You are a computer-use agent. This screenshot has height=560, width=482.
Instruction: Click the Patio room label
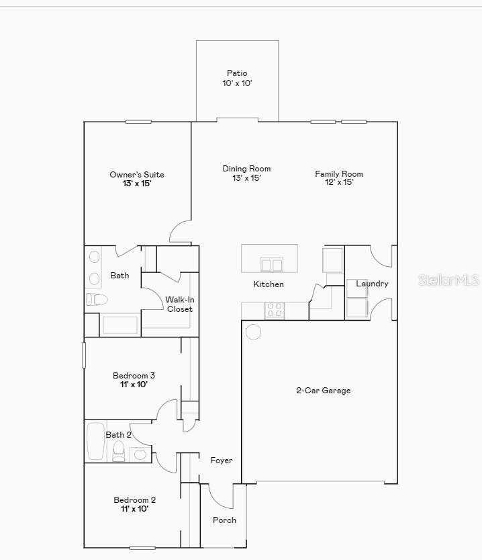[x=237, y=73]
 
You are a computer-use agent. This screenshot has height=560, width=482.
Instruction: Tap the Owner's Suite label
[x=137, y=175]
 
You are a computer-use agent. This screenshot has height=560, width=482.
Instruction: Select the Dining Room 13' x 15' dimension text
[x=246, y=178]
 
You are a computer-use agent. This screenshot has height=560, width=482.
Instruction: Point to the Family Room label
[x=339, y=174]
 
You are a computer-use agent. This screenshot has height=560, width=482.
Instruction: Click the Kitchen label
[x=269, y=284]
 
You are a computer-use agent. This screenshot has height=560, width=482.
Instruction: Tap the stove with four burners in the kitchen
[x=275, y=309]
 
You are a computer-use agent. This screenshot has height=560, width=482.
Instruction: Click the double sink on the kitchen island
[x=272, y=264]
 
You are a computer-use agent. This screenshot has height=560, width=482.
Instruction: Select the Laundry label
[x=372, y=284]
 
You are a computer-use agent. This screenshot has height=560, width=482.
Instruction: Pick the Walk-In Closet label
[x=179, y=304]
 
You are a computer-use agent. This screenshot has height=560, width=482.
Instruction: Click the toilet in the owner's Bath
[x=97, y=299]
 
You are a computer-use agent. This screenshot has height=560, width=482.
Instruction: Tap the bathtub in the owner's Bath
[x=119, y=325]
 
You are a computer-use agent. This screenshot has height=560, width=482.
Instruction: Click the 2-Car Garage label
[x=324, y=391]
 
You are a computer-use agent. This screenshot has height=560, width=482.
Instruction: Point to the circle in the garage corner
[x=254, y=331]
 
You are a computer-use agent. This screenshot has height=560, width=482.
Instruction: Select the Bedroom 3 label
[x=134, y=376]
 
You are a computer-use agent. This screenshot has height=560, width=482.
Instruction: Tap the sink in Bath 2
[x=140, y=454]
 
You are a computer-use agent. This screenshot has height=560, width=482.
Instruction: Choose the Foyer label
[x=222, y=461]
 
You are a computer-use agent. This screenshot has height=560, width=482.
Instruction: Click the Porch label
[x=224, y=520]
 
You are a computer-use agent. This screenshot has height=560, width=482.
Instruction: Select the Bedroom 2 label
[x=134, y=500]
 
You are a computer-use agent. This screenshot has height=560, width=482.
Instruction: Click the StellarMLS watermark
[x=448, y=280]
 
